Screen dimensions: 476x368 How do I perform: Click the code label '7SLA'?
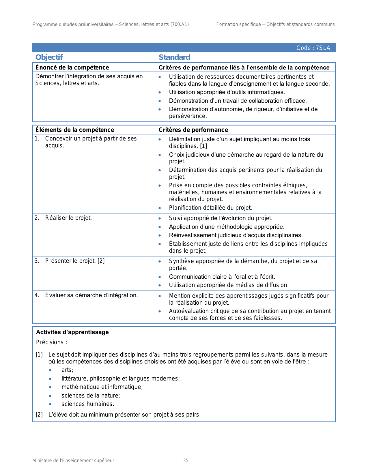coord(323,48)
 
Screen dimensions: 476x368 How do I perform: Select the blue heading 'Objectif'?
coord(49,57)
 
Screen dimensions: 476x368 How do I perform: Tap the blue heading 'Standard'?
coord(174,57)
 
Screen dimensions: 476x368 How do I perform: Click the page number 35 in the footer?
coord(186,461)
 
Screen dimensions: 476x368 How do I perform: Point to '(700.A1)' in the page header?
coord(180,25)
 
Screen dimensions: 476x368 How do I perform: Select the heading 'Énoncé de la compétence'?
coord(72,68)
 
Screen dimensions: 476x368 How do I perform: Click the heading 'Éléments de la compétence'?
coord(75,130)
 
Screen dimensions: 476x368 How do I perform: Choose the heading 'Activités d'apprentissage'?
coord(72,332)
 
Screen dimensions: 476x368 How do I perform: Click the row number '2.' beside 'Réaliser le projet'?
coord(37,218)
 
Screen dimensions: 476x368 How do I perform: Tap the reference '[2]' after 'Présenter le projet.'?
coord(101,261)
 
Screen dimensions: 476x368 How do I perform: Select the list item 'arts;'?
coord(67,370)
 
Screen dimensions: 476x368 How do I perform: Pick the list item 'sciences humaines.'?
coord(88,404)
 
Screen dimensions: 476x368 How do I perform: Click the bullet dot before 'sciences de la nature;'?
coord(51,396)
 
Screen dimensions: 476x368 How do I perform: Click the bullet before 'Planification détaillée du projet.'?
coord(160,208)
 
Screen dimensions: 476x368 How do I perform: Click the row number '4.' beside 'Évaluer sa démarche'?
coord(37,295)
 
